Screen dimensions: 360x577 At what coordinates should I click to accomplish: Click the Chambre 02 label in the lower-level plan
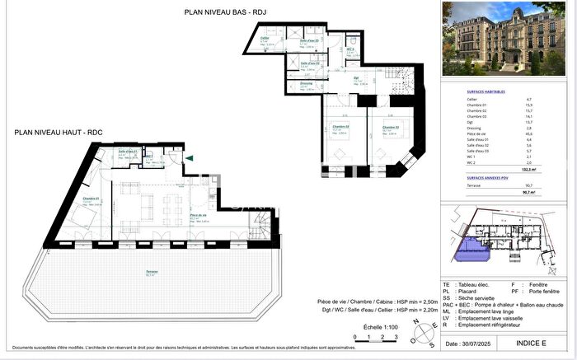pos(340,128)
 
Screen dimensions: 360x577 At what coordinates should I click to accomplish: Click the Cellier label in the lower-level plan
pos(265,39)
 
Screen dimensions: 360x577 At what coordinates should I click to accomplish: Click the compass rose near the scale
pos(427,331)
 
